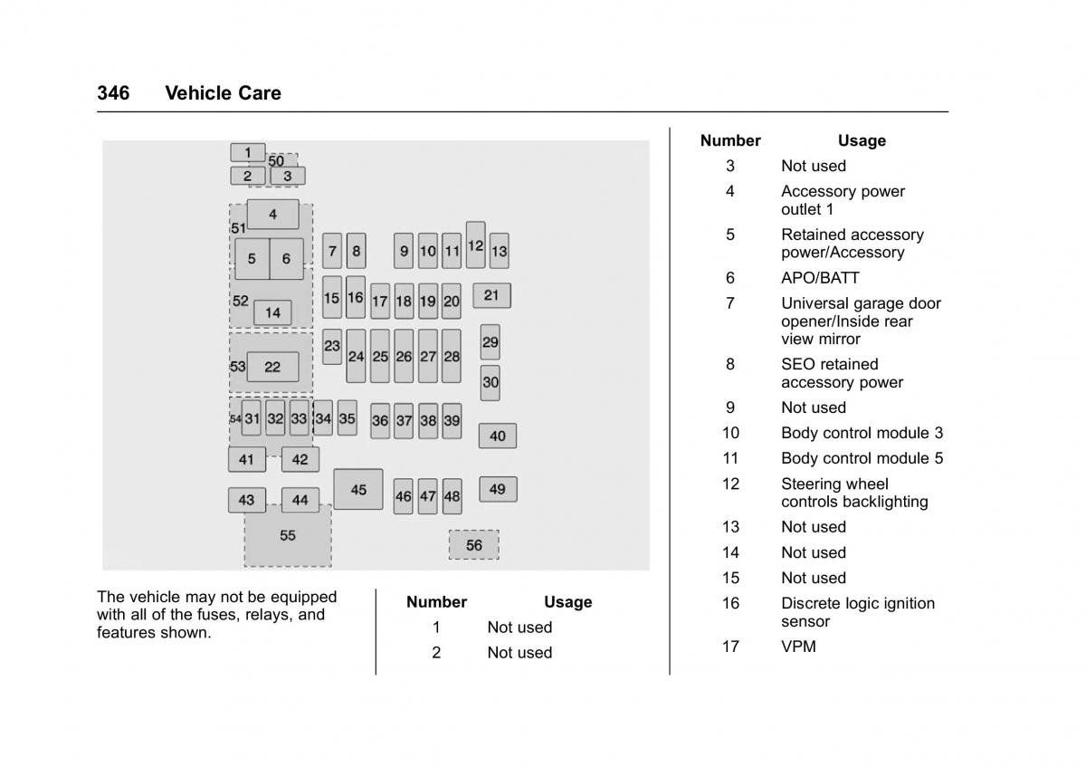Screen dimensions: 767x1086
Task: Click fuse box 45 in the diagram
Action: click(358, 489)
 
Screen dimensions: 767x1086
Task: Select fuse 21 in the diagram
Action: click(491, 295)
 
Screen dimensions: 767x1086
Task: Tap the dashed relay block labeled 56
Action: click(473, 544)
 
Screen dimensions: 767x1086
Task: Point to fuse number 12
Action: click(475, 244)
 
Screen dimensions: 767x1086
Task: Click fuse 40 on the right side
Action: click(498, 436)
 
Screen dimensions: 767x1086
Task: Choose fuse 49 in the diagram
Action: click(498, 489)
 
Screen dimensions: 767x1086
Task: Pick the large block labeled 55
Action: click(288, 535)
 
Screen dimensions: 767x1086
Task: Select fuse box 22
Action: click(272, 367)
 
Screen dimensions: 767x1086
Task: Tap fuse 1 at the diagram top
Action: click(247, 152)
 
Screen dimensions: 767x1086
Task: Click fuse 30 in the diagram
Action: click(490, 382)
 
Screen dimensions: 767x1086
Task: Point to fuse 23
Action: click(332, 346)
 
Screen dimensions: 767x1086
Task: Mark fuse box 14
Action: click(272, 312)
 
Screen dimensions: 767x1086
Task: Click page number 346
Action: click(113, 93)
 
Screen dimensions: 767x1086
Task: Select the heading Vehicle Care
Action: click(223, 93)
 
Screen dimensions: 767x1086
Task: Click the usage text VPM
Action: click(798, 647)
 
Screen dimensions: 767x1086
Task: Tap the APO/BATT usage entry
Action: click(820, 278)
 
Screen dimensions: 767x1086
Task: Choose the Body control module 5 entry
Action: click(862, 458)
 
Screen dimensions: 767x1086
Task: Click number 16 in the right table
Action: click(730, 603)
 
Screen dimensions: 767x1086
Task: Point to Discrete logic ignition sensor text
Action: click(857, 612)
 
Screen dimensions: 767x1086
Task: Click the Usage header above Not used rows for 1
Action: click(567, 602)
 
